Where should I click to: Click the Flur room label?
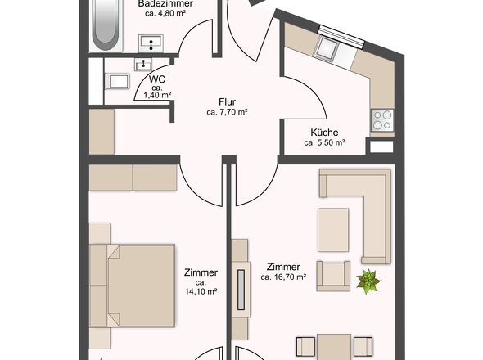coord(228,102)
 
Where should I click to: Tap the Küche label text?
coord(324,133)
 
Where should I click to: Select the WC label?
coord(157,79)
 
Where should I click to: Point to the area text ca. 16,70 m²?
coord(283,277)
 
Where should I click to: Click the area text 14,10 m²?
coord(201,291)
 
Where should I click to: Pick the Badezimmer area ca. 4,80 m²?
coord(165,13)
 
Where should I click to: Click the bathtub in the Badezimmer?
coord(106,26)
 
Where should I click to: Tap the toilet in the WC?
coord(117,82)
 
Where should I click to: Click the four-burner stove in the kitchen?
coord(382,120)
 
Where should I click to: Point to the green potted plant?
coord(368,281)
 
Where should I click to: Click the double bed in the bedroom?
coord(132,286)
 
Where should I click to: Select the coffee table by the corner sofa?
coord(333,230)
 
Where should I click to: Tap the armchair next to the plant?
coord(333,277)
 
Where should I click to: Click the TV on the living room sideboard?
coord(241,290)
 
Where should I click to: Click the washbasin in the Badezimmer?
coord(151,43)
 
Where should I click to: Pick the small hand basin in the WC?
coord(143,65)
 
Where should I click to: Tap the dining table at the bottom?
coord(334,347)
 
